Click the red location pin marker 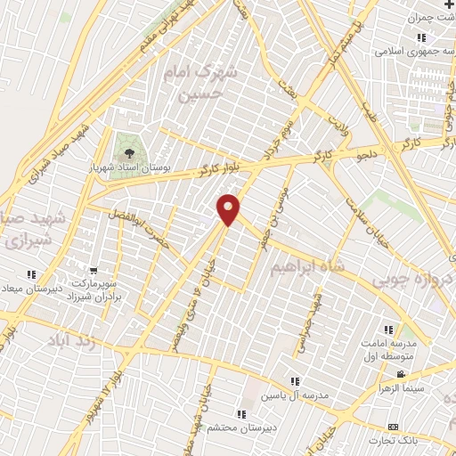[229, 209]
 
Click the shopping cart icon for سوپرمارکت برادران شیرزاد [94, 269]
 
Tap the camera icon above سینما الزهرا [401, 374]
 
